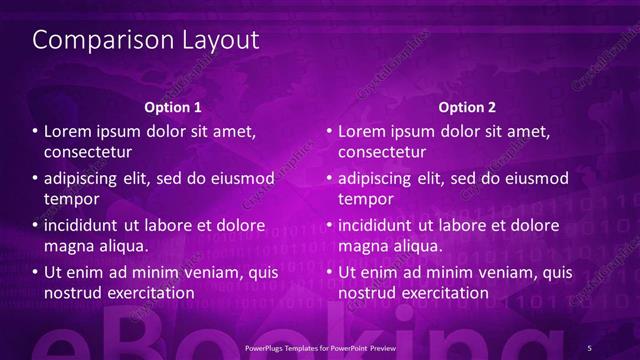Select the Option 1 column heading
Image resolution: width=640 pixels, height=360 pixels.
pos(173,106)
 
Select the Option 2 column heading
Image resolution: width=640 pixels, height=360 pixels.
pos(467,106)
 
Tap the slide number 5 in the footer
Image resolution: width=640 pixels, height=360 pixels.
pos(590,347)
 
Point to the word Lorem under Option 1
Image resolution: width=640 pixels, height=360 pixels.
pos(68,131)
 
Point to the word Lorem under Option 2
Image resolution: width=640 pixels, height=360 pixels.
pos(362,131)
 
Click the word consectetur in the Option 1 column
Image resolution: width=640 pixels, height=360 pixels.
pos(88,152)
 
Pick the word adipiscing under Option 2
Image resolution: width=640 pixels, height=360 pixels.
pos(380,178)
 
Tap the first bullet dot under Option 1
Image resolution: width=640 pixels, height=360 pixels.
pos(35,132)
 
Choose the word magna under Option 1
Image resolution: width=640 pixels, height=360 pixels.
pos(68,245)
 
